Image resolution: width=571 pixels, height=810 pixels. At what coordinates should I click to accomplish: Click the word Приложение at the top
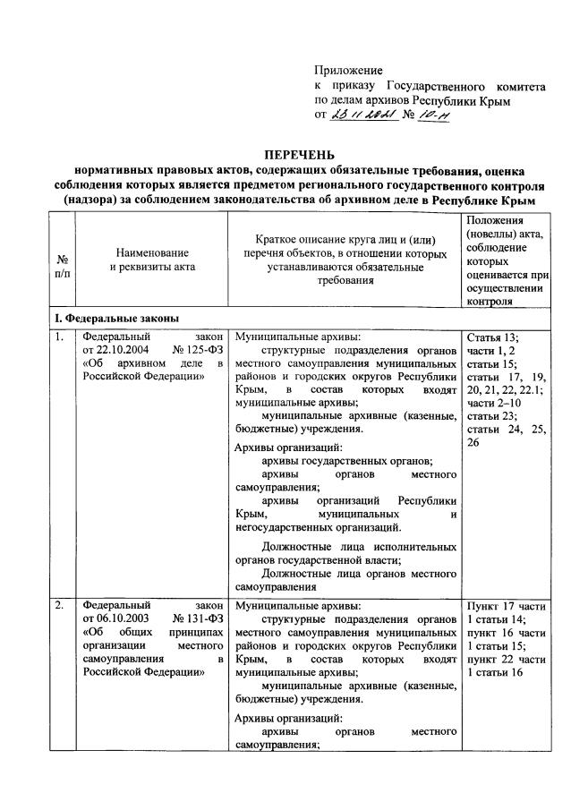(x=348, y=70)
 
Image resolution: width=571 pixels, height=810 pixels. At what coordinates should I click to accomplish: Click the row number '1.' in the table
(x=58, y=338)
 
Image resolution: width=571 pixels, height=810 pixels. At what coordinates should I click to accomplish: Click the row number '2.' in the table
(x=58, y=606)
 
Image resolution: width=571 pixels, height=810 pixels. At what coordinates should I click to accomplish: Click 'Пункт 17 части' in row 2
(x=507, y=606)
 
